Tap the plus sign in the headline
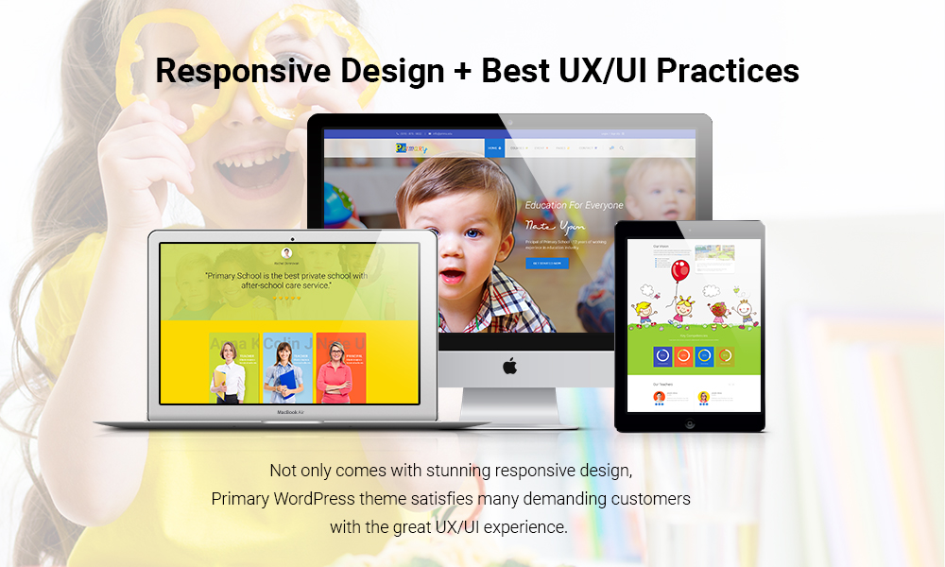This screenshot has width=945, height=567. [455, 72]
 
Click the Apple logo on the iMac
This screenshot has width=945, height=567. [509, 366]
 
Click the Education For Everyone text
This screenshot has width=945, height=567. [575, 205]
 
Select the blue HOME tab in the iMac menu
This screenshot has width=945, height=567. [494, 148]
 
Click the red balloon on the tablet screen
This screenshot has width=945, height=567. [679, 272]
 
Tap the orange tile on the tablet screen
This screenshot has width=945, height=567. [682, 356]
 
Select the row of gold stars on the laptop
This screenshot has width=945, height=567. [286, 298]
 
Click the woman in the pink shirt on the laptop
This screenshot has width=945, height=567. [337, 371]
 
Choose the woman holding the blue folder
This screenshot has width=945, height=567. [284, 371]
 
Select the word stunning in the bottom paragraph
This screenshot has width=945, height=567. [438, 470]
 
